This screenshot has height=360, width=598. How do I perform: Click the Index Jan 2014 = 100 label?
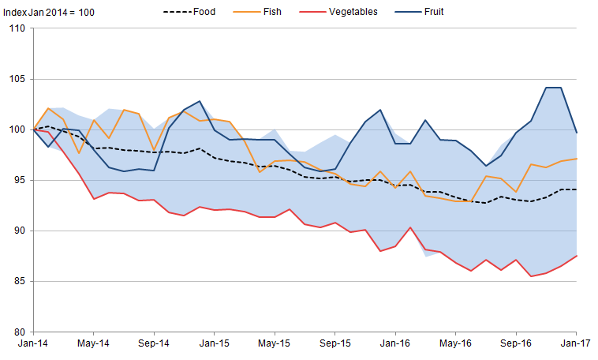[x=44, y=12]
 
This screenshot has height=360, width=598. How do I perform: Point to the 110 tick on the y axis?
[x=17, y=28]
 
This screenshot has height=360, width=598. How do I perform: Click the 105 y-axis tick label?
[x=17, y=79]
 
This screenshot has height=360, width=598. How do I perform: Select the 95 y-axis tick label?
[x=19, y=180]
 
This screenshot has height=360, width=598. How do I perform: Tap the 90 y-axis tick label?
[x=19, y=231]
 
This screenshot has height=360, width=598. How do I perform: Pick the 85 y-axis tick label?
[x=19, y=281]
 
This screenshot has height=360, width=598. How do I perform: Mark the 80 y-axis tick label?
[x=19, y=332]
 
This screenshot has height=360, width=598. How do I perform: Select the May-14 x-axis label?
[x=93, y=344]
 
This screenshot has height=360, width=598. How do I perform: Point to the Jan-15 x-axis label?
[x=214, y=344]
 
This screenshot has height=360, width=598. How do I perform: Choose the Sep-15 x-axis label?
[x=335, y=344]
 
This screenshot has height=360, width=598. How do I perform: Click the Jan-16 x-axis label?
[x=395, y=344]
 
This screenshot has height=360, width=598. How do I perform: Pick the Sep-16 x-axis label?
[x=516, y=344]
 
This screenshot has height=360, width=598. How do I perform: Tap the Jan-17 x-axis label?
[x=576, y=344]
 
